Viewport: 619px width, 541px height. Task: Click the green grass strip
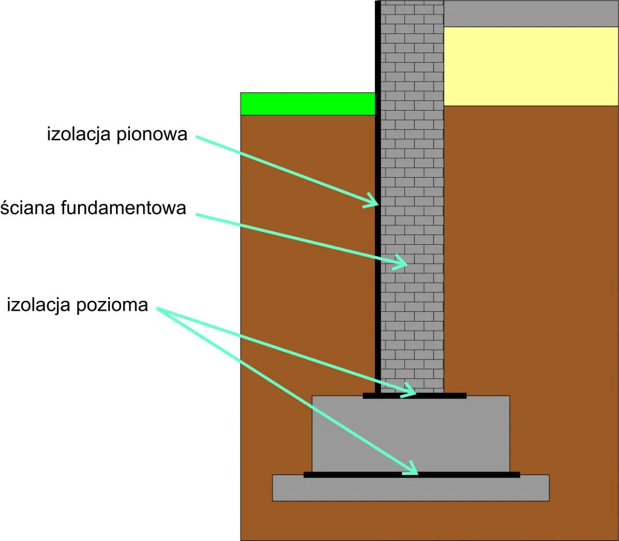308,104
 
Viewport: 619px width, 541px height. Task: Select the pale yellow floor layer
531,66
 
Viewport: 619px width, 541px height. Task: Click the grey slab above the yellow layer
531,13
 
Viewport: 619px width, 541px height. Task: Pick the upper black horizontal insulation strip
415,396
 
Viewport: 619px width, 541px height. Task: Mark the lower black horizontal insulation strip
411,475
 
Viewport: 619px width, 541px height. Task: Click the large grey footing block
411,432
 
